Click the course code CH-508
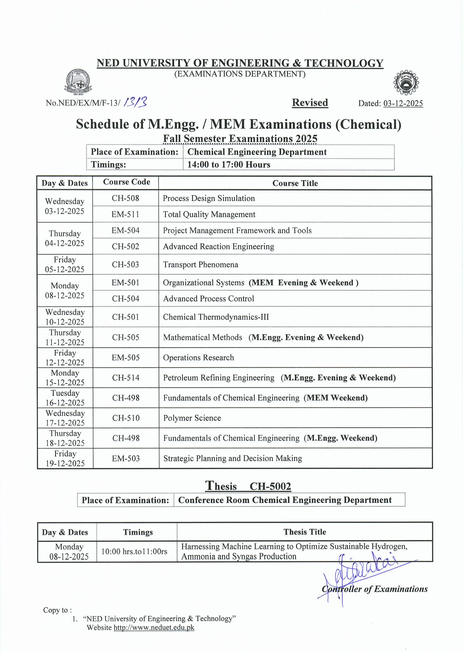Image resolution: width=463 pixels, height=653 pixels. [x=125, y=198]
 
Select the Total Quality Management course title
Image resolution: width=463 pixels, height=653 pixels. [x=209, y=214]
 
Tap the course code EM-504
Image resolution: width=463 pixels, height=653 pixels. [x=126, y=230]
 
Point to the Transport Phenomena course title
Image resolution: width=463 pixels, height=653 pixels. [x=200, y=264]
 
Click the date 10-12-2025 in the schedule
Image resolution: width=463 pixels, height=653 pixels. [x=65, y=322]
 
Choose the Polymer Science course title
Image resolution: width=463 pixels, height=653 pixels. [x=192, y=418]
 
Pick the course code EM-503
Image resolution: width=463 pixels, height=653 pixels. [x=126, y=458]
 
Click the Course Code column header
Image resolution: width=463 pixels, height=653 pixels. [x=127, y=182]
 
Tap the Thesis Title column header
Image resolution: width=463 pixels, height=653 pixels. [x=304, y=532]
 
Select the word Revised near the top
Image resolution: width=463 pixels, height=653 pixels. [x=310, y=103]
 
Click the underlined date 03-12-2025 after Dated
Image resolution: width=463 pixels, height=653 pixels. [x=403, y=103]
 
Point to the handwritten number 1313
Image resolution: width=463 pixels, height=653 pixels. [x=135, y=102]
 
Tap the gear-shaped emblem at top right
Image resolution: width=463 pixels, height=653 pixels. [x=406, y=83]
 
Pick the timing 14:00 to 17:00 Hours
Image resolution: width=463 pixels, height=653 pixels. [x=229, y=164]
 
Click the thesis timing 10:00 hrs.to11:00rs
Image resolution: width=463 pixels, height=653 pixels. [x=134, y=552]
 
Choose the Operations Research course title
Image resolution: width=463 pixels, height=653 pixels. [x=199, y=358]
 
